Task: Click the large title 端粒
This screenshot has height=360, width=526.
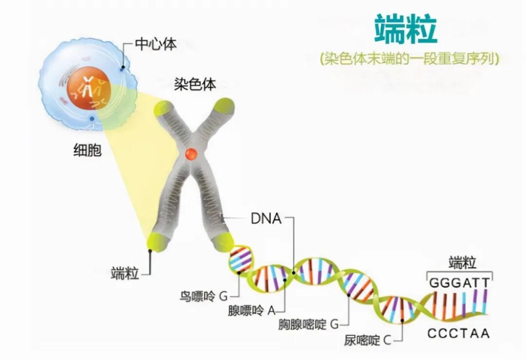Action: click(x=406, y=29)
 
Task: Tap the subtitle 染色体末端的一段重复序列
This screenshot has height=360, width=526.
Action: click(x=410, y=59)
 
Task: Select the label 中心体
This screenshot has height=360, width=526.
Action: click(x=155, y=44)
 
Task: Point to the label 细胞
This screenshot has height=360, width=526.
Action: click(x=87, y=151)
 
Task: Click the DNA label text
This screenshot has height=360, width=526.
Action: click(x=266, y=219)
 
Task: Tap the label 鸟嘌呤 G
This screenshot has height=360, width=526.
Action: click(x=203, y=296)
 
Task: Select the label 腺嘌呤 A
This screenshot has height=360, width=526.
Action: click(x=252, y=310)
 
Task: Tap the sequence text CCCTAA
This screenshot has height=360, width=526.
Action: click(x=458, y=334)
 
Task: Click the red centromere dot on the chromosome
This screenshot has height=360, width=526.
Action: click(x=190, y=153)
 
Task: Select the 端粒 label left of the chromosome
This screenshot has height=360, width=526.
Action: click(x=125, y=273)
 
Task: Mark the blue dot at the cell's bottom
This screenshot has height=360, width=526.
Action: click(x=92, y=118)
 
